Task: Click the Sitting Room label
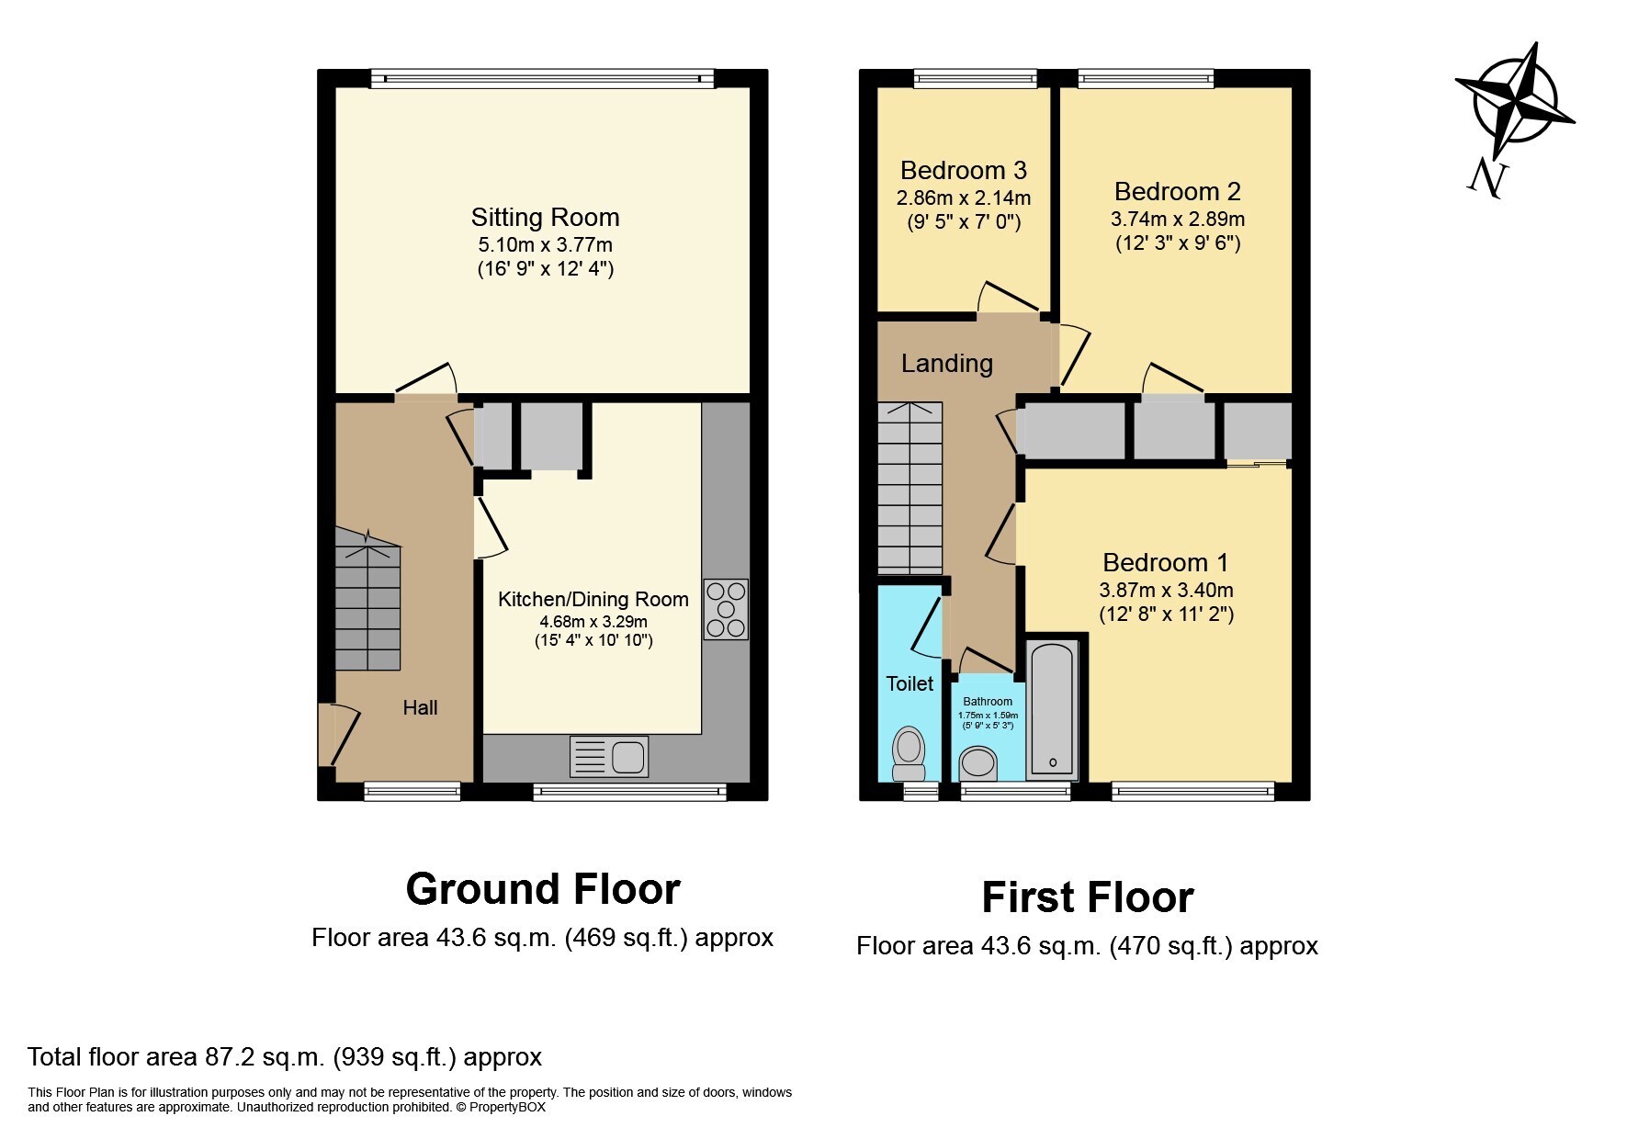click(x=545, y=218)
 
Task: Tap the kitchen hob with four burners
click(x=726, y=609)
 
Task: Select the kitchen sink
click(x=609, y=757)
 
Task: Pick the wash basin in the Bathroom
click(x=978, y=763)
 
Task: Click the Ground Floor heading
click(x=543, y=889)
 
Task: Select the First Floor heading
click(x=1088, y=897)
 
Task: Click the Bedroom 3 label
click(x=964, y=170)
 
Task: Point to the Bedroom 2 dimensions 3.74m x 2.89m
click(x=1178, y=220)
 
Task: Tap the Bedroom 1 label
click(x=1166, y=562)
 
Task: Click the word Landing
click(x=947, y=365)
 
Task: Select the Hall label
click(x=420, y=707)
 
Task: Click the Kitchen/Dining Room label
click(x=593, y=600)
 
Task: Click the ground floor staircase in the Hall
click(x=367, y=599)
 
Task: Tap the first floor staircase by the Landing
click(x=910, y=488)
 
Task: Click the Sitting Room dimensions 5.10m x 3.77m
click(x=545, y=245)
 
